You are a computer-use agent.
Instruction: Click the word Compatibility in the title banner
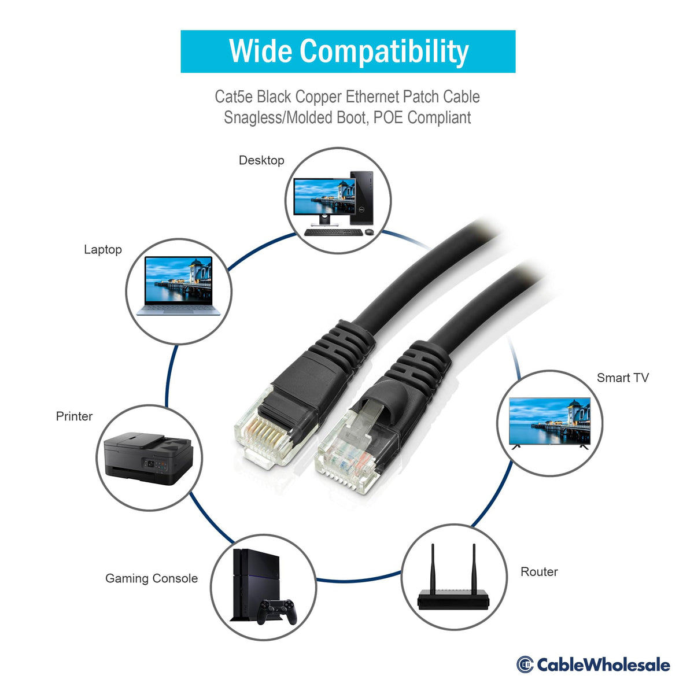pyautogui.click(x=383, y=52)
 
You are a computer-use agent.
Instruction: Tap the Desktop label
pyautogui.click(x=261, y=160)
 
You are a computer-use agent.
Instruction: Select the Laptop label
pyautogui.click(x=103, y=249)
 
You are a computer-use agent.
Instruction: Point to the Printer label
pyautogui.click(x=74, y=416)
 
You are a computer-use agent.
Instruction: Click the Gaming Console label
pyautogui.click(x=152, y=578)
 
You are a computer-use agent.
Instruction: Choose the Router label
pyautogui.click(x=539, y=571)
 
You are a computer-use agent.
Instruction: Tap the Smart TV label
pyautogui.click(x=622, y=378)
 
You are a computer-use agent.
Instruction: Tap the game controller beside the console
pyautogui.click(x=276, y=611)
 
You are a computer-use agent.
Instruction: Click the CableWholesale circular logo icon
pyautogui.click(x=525, y=665)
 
